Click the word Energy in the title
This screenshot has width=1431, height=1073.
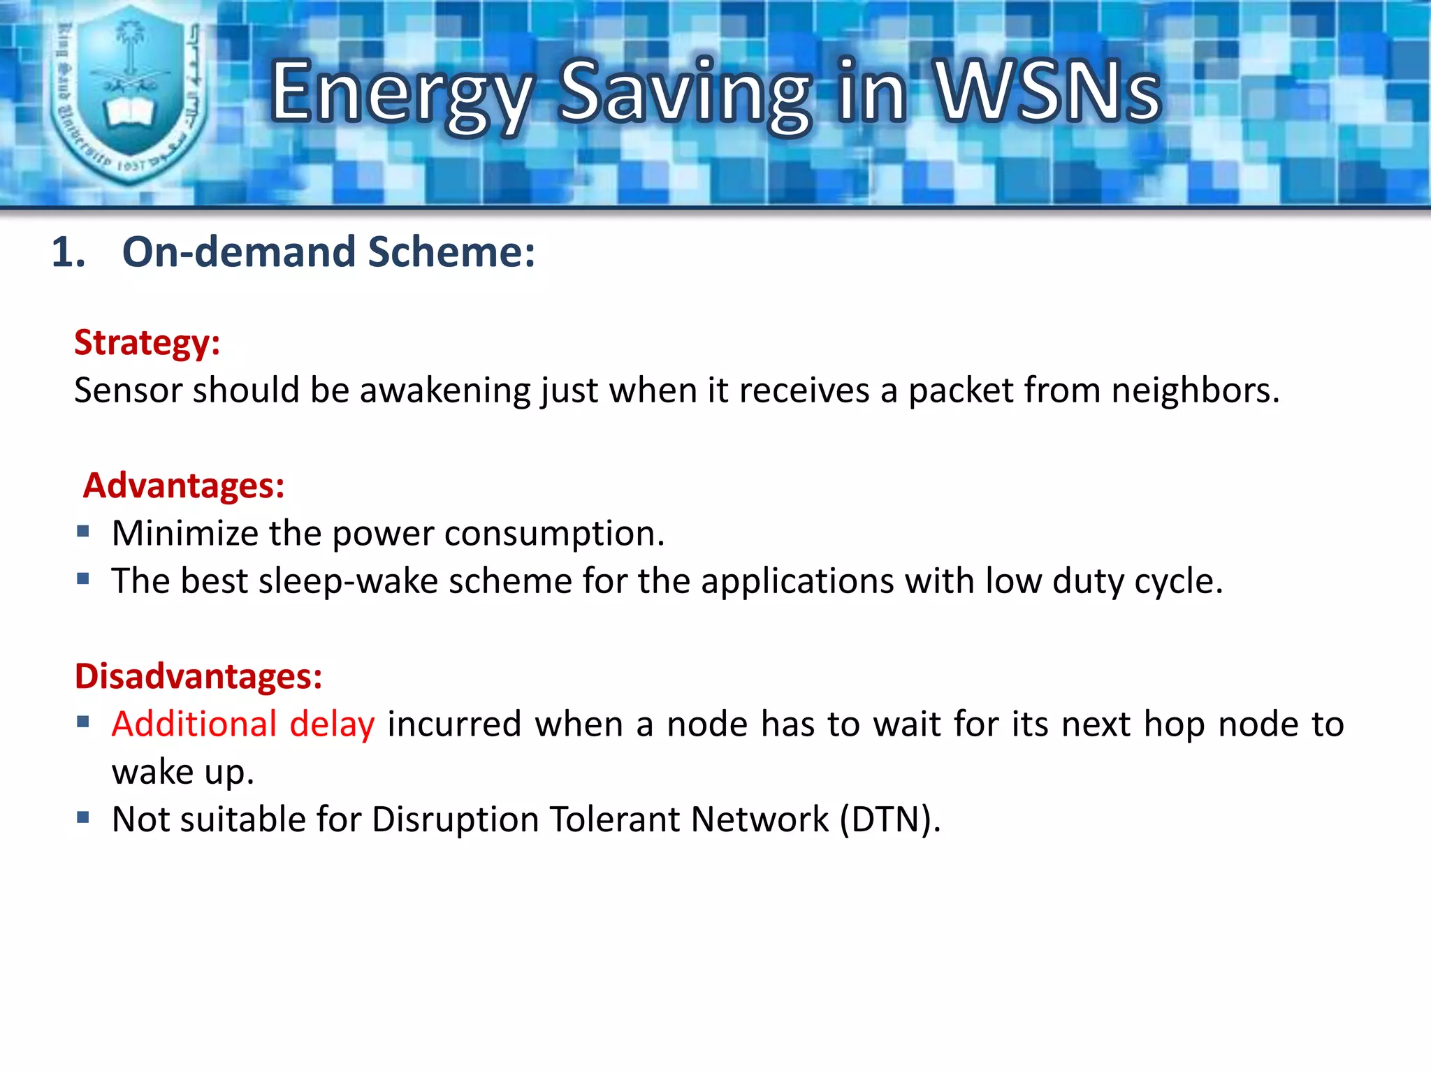401,94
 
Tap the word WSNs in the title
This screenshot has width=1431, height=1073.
1047,91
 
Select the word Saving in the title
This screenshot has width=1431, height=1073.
685,94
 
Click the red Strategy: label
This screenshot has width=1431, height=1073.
147,343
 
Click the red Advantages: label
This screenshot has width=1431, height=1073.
184,486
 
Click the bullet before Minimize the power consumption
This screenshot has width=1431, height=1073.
83,532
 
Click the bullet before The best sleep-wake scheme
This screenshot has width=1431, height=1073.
83,579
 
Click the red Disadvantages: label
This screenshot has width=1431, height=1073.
198,676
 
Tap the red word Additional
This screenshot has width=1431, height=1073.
194,724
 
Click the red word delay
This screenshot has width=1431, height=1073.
332,724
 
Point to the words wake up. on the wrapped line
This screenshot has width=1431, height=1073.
182,773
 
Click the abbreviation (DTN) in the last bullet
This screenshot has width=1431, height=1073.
887,820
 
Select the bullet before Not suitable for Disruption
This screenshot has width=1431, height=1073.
83,817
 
